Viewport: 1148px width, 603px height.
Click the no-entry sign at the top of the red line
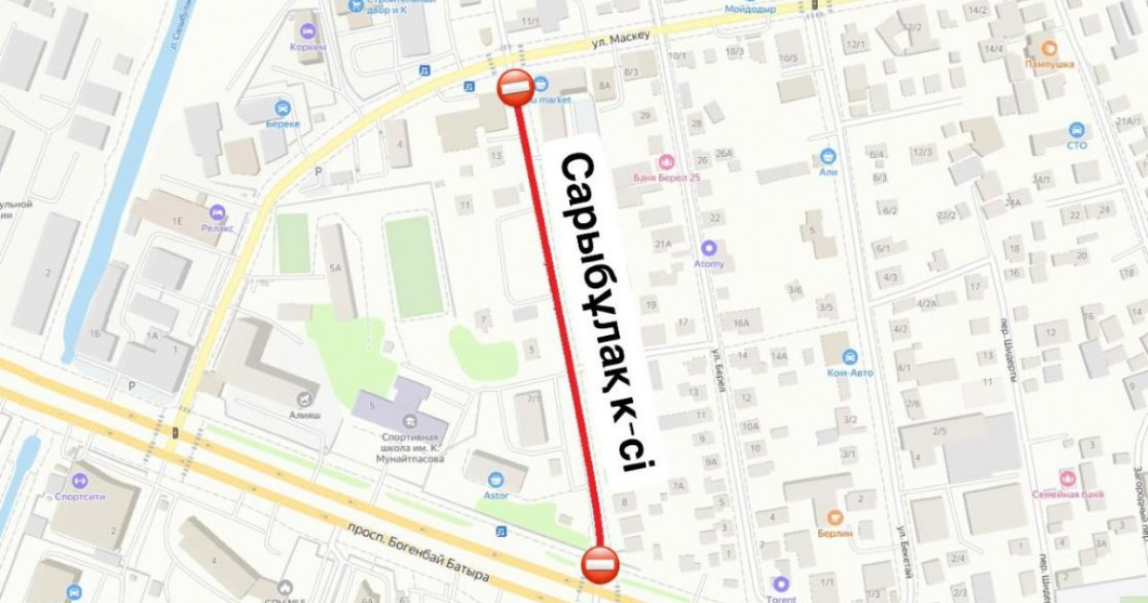click(515, 89)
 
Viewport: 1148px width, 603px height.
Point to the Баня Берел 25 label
click(667, 176)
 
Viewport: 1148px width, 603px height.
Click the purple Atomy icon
click(709, 247)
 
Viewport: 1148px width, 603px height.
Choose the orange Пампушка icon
click(1049, 47)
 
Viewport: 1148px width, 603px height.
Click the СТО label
click(1076, 145)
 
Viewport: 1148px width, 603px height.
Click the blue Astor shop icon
click(496, 479)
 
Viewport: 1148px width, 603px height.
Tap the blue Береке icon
click(282, 108)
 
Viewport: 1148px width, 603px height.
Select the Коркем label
click(308, 47)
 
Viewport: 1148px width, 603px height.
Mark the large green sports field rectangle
click(413, 266)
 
